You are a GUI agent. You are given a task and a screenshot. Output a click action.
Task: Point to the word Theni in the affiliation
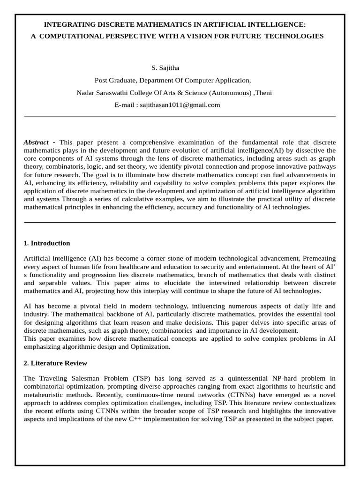point(264,93)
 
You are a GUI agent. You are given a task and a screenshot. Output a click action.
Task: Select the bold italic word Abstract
point(36,142)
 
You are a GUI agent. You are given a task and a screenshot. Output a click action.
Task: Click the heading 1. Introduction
point(47,243)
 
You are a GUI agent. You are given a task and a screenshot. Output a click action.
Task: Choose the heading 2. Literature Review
point(55,363)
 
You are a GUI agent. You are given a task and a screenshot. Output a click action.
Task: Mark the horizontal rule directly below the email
point(180,116)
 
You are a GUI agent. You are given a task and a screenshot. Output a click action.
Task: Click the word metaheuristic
point(44,395)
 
